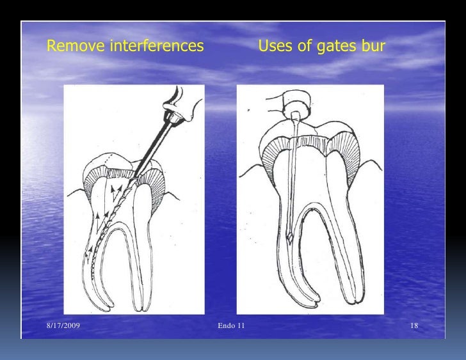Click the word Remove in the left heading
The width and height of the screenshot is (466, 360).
70,47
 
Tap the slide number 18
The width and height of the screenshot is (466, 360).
414,327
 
